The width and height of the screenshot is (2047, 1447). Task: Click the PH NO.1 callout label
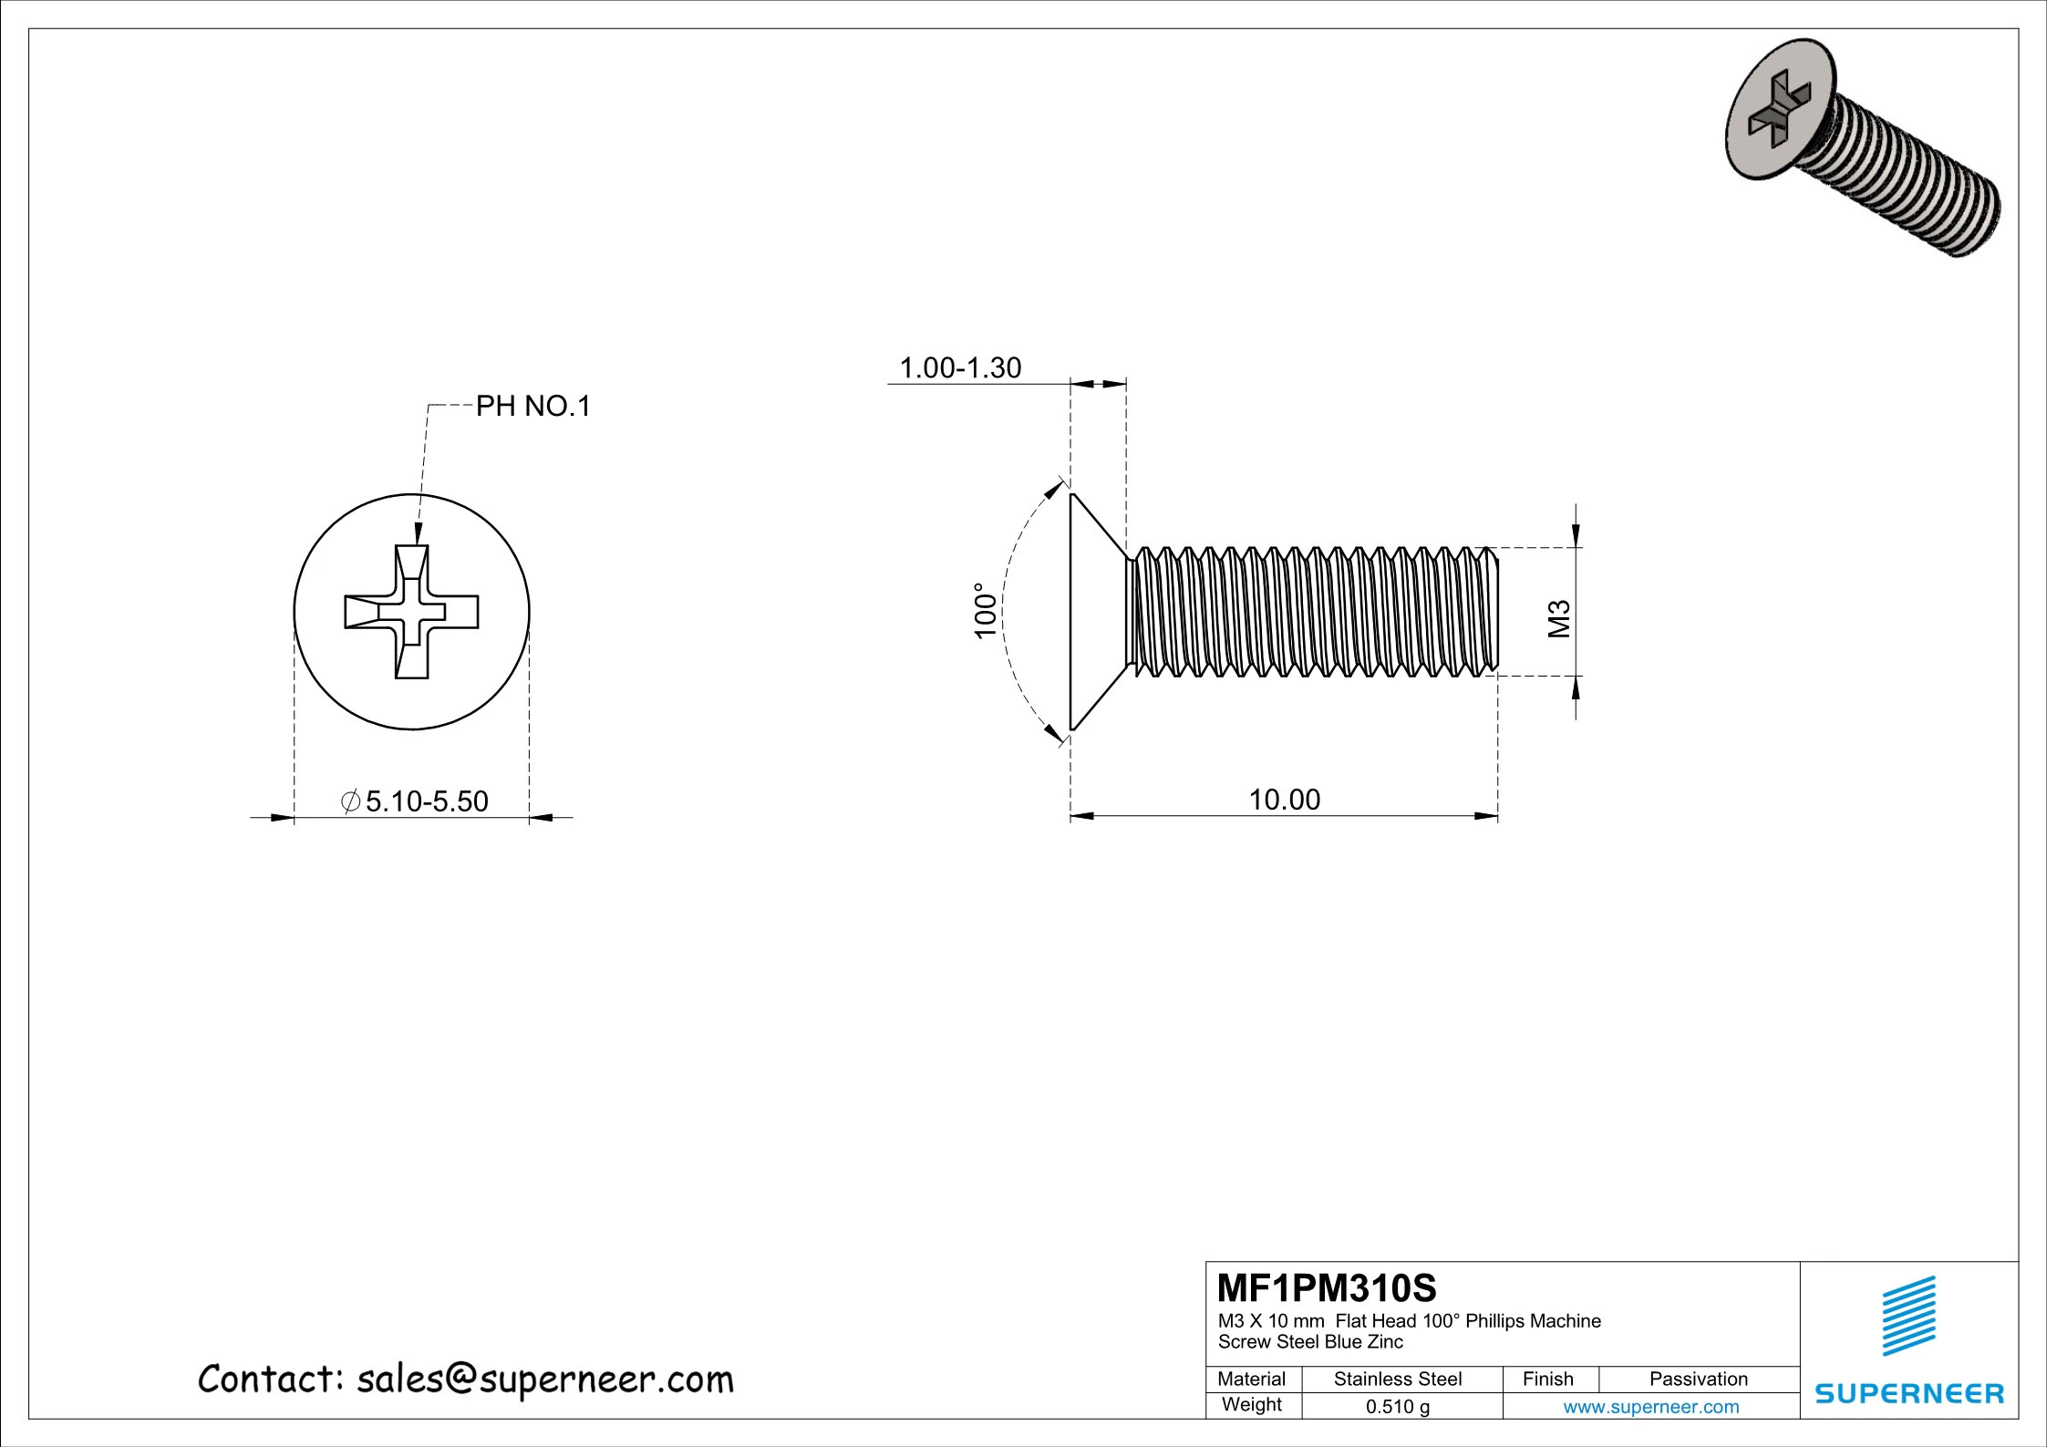pyautogui.click(x=533, y=406)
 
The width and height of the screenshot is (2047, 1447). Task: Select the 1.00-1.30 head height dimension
pyautogui.click(x=960, y=367)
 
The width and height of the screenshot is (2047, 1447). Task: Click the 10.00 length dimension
pyautogui.click(x=1284, y=800)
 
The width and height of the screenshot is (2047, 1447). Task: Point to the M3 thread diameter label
pyautogui.click(x=1560, y=619)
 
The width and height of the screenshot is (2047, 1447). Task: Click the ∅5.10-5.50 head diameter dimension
pyautogui.click(x=416, y=801)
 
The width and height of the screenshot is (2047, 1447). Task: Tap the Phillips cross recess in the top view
pyautogui.click(x=411, y=612)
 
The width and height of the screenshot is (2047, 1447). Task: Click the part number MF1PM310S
pyautogui.click(x=1327, y=1288)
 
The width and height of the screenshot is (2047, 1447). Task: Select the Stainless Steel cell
pyautogui.click(x=1397, y=1380)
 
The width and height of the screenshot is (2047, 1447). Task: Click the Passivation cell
pyautogui.click(x=1698, y=1380)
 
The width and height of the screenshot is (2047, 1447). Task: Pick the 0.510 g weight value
pyautogui.click(x=1397, y=1407)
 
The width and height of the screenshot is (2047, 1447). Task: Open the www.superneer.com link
pyautogui.click(x=1650, y=1407)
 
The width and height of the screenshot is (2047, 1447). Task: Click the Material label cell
pyautogui.click(x=1252, y=1380)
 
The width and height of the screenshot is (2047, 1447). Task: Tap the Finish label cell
pyautogui.click(x=1547, y=1380)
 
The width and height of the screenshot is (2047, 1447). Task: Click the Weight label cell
pyautogui.click(x=1252, y=1405)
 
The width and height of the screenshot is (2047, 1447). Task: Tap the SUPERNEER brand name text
pyautogui.click(x=1909, y=1394)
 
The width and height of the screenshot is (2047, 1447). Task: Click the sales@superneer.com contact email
pyautogui.click(x=544, y=1380)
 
